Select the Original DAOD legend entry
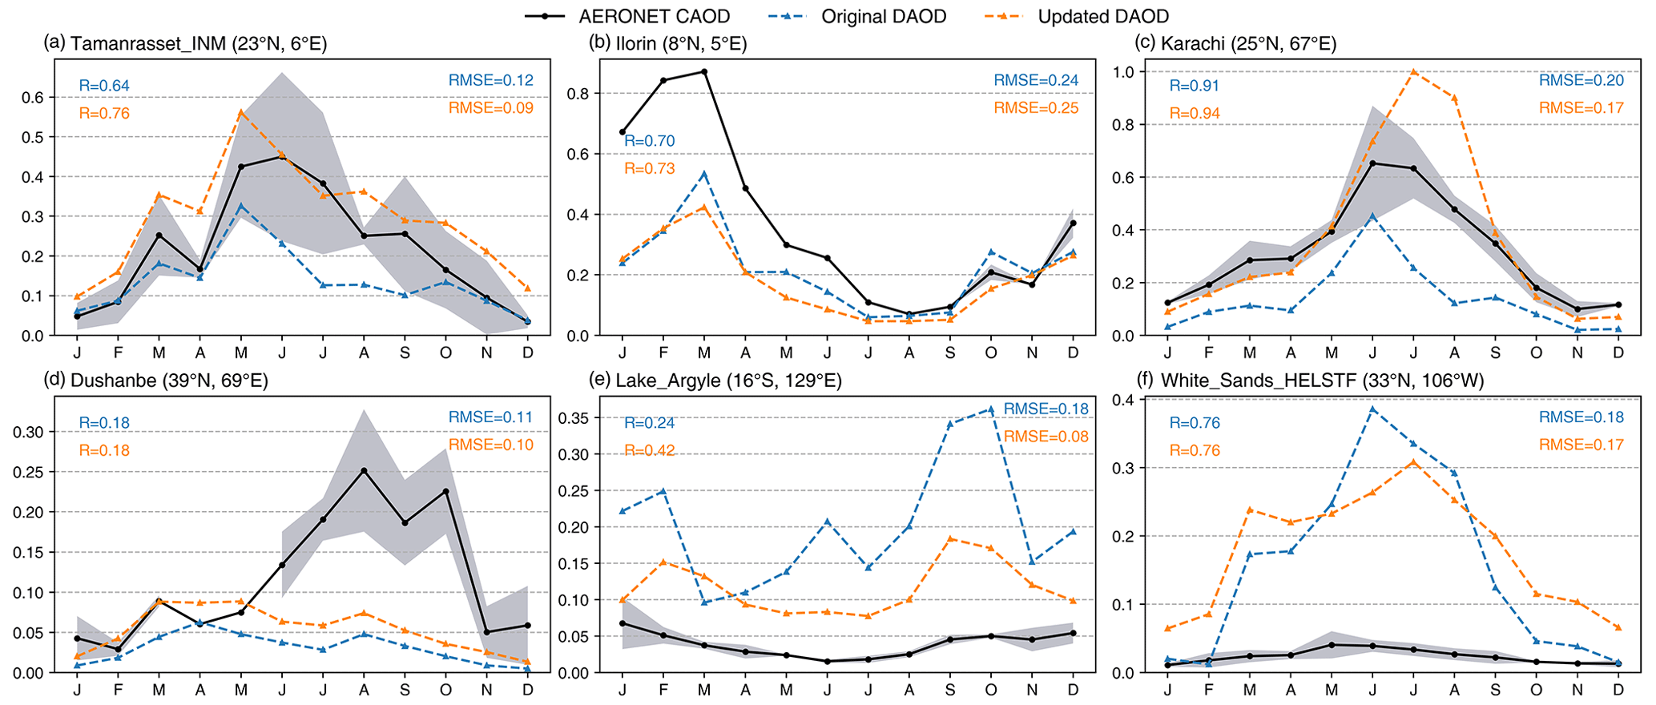884,16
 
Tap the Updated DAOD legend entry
1102,16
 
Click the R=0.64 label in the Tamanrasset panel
104,86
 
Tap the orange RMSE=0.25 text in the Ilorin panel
1036,108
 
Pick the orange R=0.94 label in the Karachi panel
1195,114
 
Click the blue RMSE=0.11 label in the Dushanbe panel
490,417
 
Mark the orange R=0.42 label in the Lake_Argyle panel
649,450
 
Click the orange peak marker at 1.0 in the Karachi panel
1414,72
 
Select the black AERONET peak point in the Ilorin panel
704,71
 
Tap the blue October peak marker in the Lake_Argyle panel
991,409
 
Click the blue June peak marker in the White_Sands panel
1373,409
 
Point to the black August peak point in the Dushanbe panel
364,470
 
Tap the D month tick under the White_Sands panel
1618,690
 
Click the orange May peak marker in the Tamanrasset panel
241,112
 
